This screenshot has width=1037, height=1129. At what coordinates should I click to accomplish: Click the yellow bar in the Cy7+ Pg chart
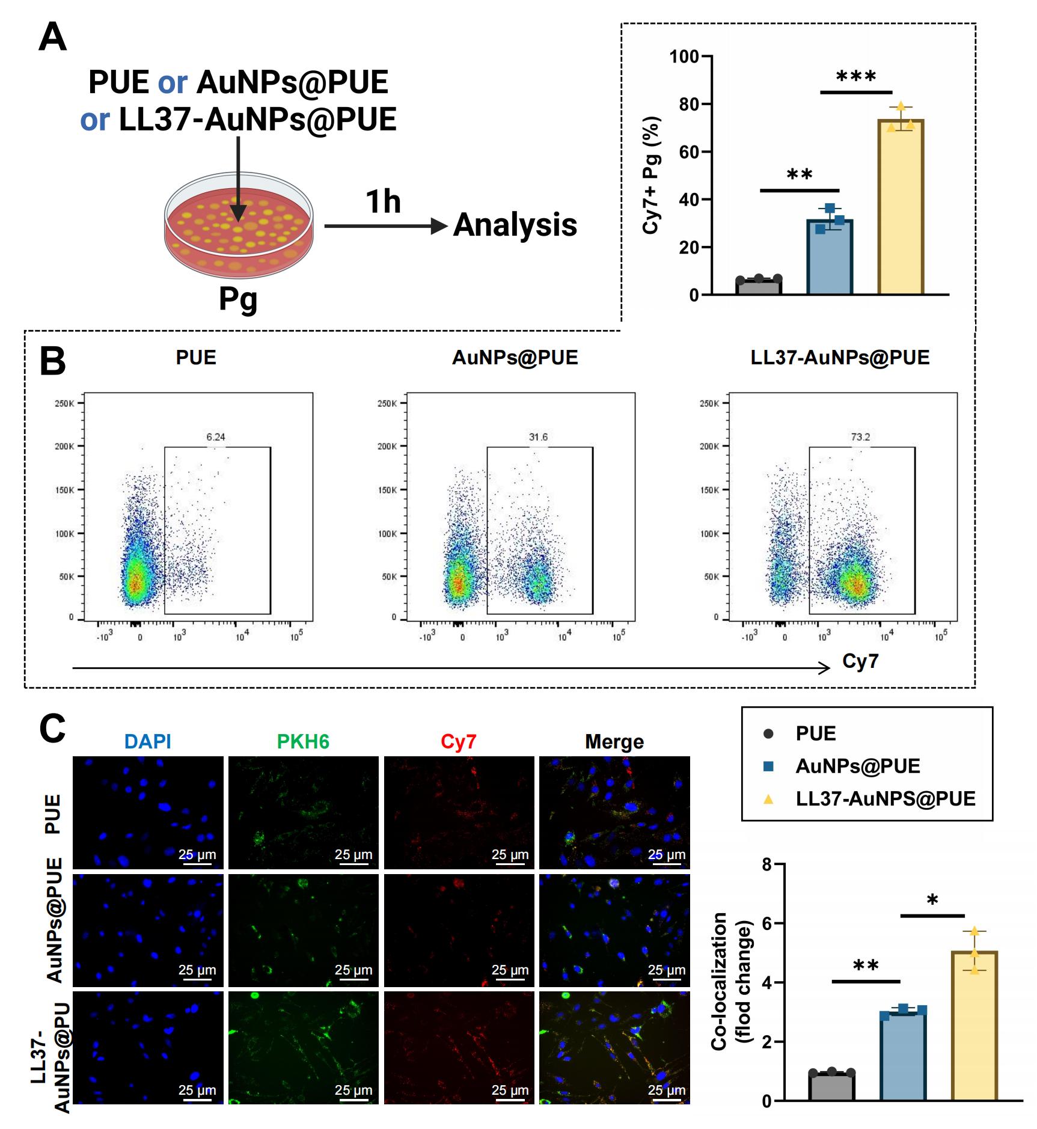tap(901, 207)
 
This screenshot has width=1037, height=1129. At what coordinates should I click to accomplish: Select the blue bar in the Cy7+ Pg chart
tap(830, 257)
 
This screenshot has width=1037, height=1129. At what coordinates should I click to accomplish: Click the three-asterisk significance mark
tap(856, 77)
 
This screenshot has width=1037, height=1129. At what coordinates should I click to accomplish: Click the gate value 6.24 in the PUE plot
tap(216, 437)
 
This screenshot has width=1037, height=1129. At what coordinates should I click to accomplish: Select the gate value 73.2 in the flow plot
tap(860, 437)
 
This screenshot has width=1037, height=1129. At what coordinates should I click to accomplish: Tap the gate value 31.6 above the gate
tap(538, 437)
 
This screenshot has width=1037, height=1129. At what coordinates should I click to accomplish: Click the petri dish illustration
tap(239, 225)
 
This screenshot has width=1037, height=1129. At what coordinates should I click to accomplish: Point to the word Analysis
tap(515, 225)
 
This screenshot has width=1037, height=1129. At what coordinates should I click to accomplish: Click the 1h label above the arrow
tap(383, 201)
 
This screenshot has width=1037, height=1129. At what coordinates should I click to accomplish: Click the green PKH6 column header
tap(303, 741)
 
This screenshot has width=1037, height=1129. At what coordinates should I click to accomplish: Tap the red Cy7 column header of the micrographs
tap(458, 741)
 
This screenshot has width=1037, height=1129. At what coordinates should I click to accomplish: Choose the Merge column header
tap(614, 742)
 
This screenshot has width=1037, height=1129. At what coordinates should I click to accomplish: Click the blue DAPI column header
tap(148, 741)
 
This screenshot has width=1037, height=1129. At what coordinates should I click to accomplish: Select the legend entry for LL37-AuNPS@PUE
tap(869, 798)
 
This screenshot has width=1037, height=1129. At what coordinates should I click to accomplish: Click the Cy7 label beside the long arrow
tap(860, 661)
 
